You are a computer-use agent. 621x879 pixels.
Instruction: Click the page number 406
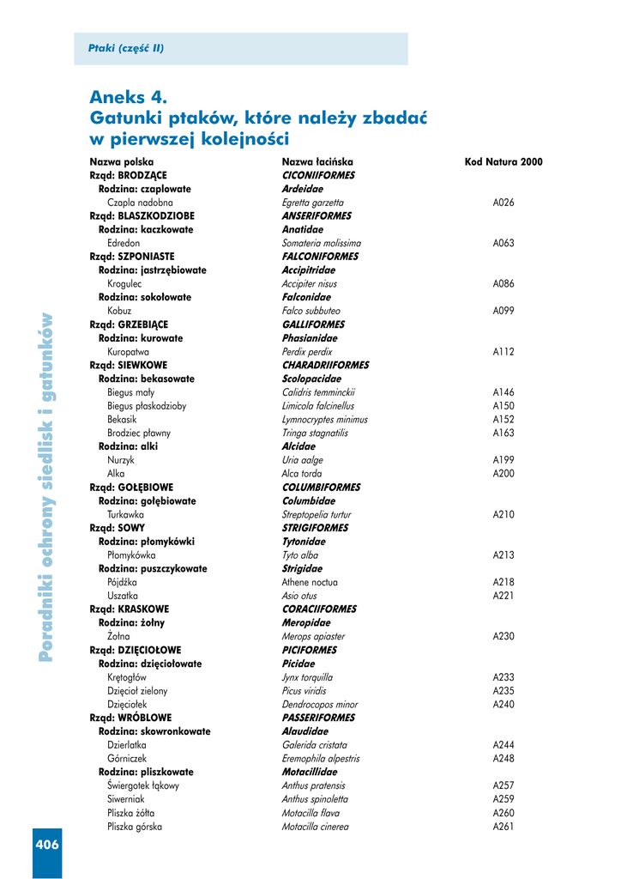click(47, 845)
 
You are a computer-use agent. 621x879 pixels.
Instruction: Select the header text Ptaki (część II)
click(125, 49)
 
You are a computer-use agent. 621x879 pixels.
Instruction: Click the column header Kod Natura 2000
click(503, 161)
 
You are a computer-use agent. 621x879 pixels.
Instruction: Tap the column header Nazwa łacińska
click(317, 161)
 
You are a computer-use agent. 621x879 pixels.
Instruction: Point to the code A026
click(503, 203)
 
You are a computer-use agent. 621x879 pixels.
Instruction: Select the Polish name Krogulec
click(124, 283)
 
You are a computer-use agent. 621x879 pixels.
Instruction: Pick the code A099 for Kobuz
click(503, 311)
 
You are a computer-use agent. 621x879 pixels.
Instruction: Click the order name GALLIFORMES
click(313, 324)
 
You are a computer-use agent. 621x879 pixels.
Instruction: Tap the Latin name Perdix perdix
click(306, 352)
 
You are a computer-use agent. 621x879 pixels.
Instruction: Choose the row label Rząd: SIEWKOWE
click(129, 365)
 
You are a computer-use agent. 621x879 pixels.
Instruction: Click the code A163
click(503, 433)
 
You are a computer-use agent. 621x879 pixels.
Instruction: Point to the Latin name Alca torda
click(302, 474)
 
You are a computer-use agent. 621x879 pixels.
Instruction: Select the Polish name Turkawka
click(126, 514)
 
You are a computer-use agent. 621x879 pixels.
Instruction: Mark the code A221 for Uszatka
click(503, 596)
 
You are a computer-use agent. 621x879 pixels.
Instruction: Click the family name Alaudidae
click(304, 731)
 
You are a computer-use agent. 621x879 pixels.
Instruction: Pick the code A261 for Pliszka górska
click(503, 827)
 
